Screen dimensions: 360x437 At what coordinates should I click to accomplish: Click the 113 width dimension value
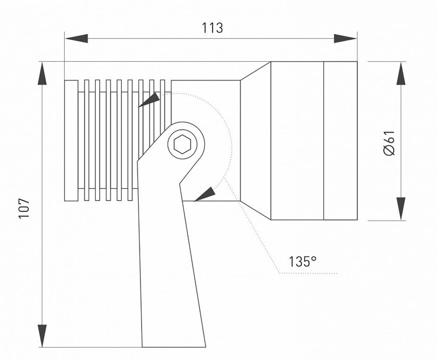pyautogui.click(x=212, y=28)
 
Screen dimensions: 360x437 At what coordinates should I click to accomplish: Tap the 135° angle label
pyautogui.click(x=302, y=261)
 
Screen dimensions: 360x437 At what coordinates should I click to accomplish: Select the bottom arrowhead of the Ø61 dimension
pyautogui.click(x=400, y=208)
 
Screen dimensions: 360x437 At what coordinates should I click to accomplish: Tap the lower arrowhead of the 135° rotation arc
pyautogui.click(x=205, y=195)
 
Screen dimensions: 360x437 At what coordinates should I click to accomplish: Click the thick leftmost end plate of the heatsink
pyautogui.click(x=71, y=140)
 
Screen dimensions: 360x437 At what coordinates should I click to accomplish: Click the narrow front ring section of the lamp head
pyautogui.click(x=340, y=140)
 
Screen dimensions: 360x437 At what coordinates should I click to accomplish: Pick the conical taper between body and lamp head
pyautogui.click(x=255, y=140)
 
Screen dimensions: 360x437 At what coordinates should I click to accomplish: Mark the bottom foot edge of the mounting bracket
pyautogui.click(x=174, y=346)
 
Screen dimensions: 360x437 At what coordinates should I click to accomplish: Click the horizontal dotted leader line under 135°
pyautogui.click(x=308, y=273)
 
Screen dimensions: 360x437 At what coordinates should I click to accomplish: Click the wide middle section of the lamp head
pyautogui.click(x=297, y=140)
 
